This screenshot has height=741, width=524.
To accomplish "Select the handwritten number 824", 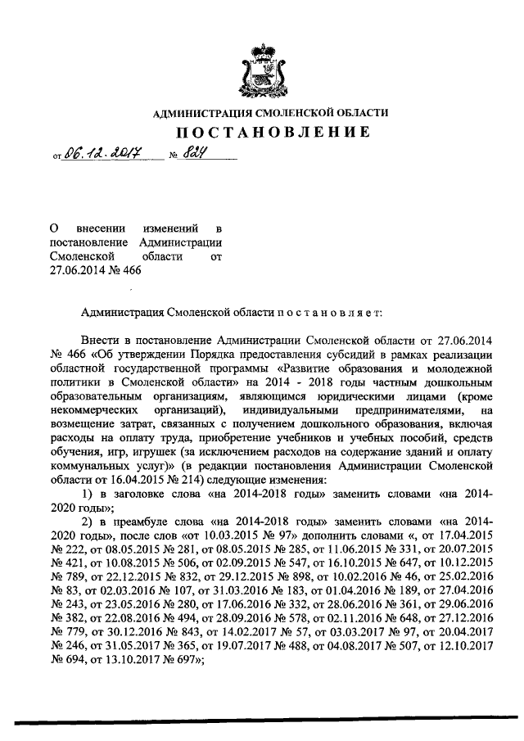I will (x=192, y=152).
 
